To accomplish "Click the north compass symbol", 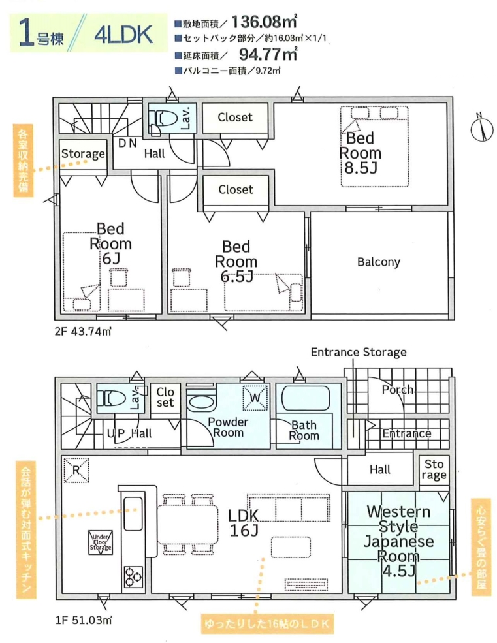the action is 481,129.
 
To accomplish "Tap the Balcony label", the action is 378,262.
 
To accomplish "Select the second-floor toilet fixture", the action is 163,119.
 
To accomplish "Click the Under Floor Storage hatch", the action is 101,542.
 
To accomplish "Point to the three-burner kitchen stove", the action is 133,577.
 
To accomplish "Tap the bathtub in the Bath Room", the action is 306,398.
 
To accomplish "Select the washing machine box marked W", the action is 255,398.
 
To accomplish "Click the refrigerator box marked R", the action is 76,470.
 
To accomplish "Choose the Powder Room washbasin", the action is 201,401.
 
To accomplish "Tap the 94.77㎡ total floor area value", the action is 268,54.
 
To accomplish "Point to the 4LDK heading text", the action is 123,35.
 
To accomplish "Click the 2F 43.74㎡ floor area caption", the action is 82,332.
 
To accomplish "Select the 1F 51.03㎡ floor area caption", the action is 84,620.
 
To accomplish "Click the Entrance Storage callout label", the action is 359,353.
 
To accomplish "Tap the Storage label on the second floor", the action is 83,154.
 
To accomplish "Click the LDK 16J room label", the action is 244,523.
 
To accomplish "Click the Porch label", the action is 397,390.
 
